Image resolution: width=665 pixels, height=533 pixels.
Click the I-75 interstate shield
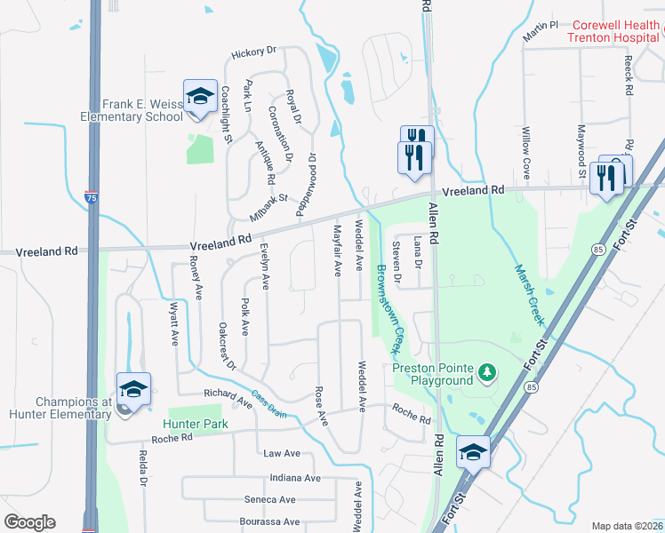(x=92, y=198)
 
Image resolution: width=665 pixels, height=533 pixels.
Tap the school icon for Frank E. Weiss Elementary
(x=200, y=96)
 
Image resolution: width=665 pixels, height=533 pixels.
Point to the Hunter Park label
(x=196, y=424)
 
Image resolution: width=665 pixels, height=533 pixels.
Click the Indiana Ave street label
(x=295, y=477)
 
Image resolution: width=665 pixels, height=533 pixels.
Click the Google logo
(x=29, y=521)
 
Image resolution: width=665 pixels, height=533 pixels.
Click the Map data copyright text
(x=627, y=526)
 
